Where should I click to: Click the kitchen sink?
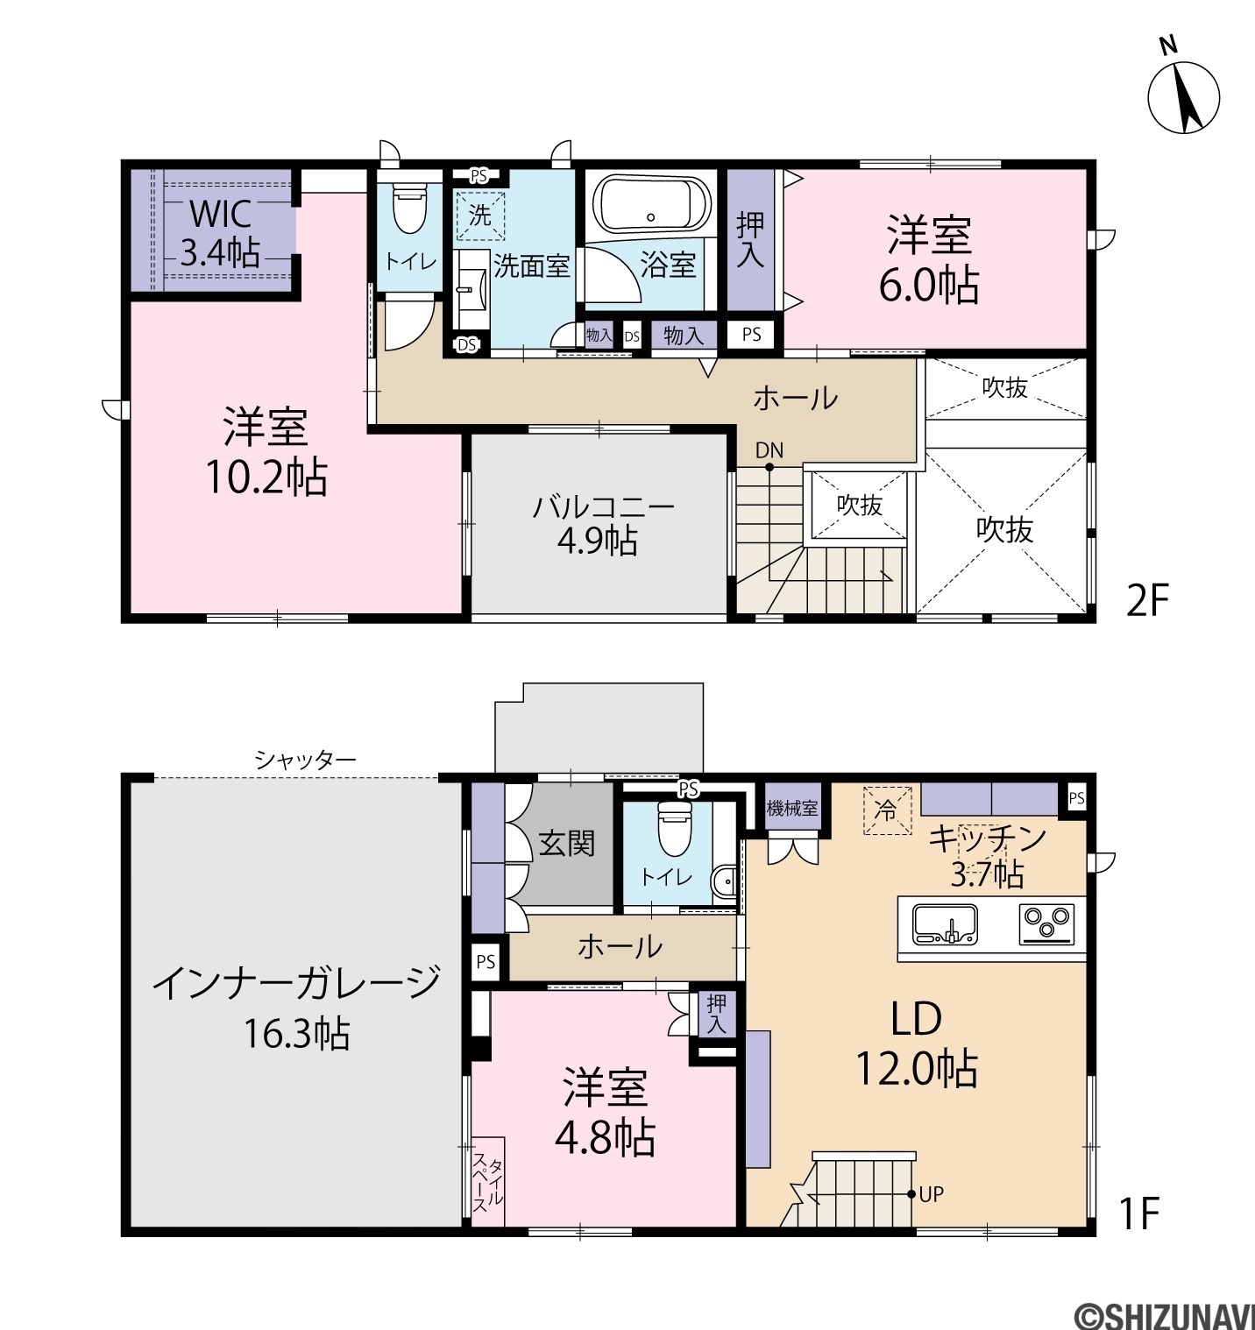click(945, 924)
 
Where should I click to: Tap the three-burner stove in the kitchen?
click(1046, 924)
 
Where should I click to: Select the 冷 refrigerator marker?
click(887, 811)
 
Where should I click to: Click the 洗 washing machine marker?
click(479, 216)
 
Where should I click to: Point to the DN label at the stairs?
click(769, 450)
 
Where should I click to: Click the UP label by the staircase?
click(932, 1193)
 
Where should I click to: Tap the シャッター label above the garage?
click(305, 761)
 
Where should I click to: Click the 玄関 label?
click(567, 844)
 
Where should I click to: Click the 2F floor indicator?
click(1146, 602)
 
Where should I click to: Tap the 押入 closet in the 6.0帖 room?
click(750, 240)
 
